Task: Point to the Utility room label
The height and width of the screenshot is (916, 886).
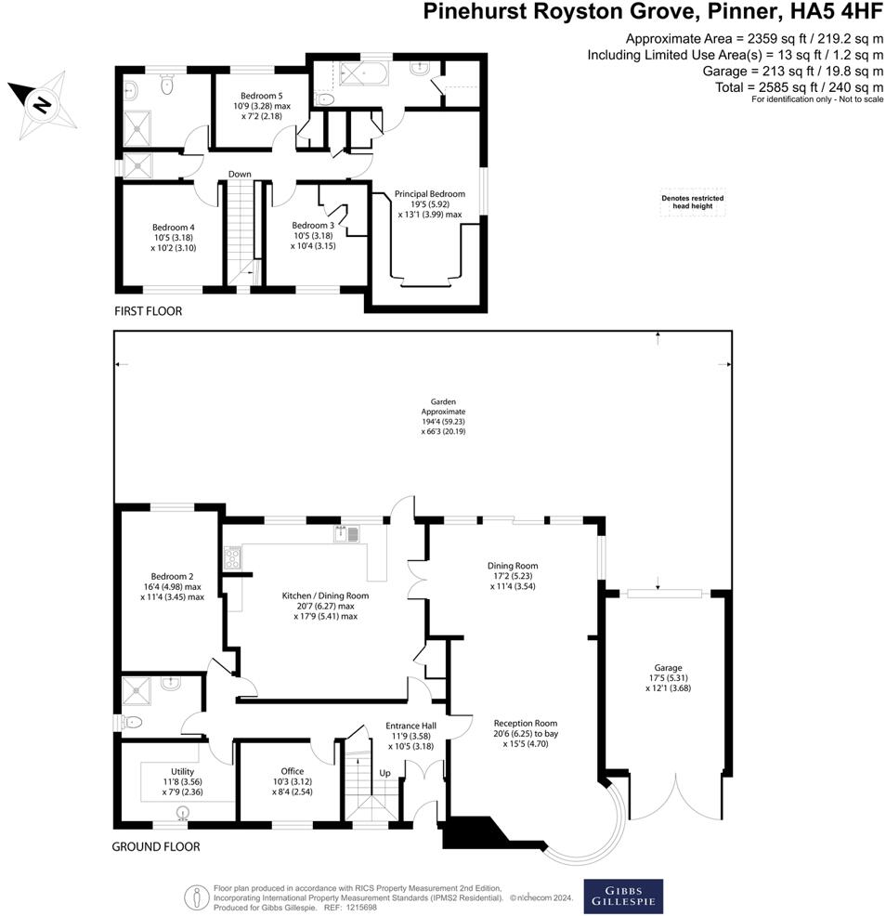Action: [182, 781]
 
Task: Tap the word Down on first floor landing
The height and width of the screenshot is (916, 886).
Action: [241, 174]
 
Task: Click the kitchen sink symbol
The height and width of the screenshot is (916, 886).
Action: [346, 534]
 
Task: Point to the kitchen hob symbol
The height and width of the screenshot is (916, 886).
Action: [231, 557]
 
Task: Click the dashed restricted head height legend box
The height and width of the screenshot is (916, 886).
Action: [692, 203]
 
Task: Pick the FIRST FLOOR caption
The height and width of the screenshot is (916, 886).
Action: [148, 311]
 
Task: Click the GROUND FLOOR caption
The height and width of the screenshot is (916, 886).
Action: [155, 846]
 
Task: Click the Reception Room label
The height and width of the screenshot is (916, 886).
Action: [525, 733]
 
